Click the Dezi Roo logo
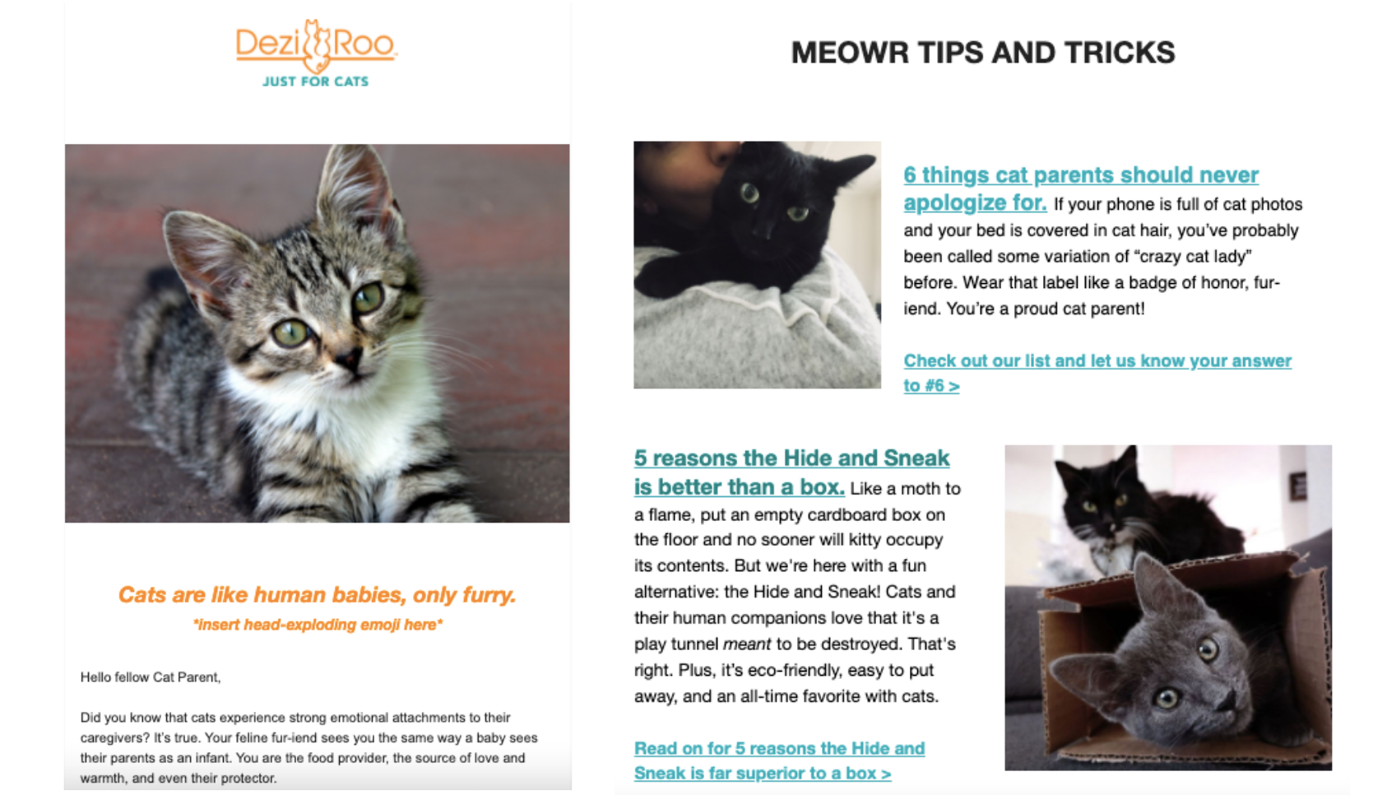point(316,44)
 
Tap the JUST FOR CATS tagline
point(315,81)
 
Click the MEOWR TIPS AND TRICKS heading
point(982,53)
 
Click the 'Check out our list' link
point(1097,361)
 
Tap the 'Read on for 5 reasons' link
point(778,749)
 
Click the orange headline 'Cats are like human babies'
point(317,595)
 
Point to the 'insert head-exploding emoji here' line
point(318,625)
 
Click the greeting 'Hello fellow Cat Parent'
point(151,677)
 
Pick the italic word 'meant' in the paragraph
point(746,644)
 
